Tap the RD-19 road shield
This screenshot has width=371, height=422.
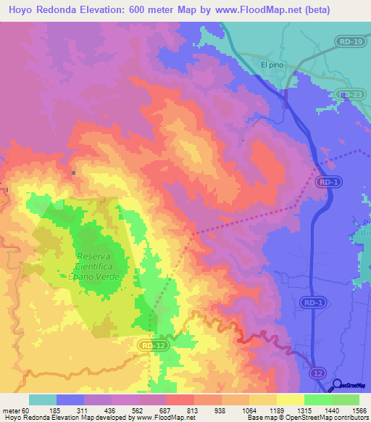[x=349, y=42]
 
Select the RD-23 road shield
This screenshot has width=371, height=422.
[x=349, y=94]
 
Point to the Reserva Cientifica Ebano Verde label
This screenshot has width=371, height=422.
[x=102, y=265]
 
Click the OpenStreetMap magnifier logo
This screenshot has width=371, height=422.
[x=338, y=386]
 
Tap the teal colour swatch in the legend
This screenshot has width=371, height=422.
[x=43, y=400]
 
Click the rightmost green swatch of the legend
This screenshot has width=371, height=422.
[x=346, y=400]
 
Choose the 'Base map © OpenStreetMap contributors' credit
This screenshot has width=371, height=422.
[x=307, y=418]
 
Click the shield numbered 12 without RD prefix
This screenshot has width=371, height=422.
[x=317, y=372]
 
